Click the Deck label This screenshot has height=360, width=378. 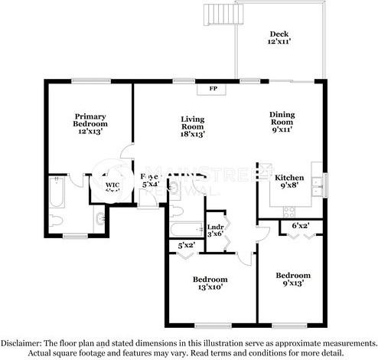tap(279, 38)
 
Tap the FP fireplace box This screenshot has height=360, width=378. tap(213, 88)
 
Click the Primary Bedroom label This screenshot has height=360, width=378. tap(90, 125)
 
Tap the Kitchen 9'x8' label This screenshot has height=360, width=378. tap(289, 182)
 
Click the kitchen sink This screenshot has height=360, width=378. tap(324, 185)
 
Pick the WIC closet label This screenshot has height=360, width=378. tap(112, 186)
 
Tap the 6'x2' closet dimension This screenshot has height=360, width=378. tap(298, 227)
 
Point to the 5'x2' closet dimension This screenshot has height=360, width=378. tap(185, 246)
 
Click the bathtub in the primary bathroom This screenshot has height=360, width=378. tap(55, 194)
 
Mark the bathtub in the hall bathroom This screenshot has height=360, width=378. tap(184, 228)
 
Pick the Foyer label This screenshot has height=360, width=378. tap(150, 180)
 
